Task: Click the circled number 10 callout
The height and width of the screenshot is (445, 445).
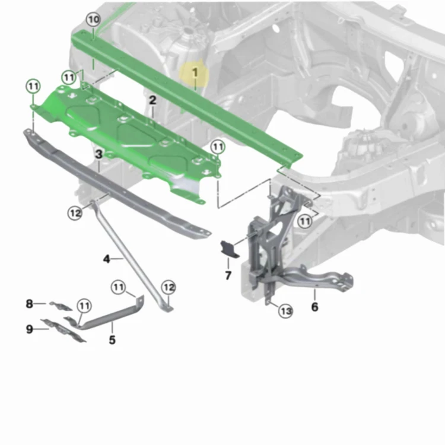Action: click(x=93, y=20)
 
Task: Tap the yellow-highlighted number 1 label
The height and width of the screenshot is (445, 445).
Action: click(x=195, y=72)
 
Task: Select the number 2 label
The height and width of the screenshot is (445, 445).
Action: click(x=152, y=100)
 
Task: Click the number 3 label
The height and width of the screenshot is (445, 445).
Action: click(x=98, y=154)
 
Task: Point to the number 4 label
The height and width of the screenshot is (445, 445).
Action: click(x=106, y=259)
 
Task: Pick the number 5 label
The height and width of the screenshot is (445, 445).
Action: click(x=112, y=340)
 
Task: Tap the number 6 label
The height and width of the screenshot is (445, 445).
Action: click(x=314, y=307)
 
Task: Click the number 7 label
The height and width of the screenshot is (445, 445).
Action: click(x=228, y=275)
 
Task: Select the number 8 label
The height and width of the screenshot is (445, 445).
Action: click(x=29, y=304)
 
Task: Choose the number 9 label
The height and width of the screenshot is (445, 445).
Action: click(x=30, y=329)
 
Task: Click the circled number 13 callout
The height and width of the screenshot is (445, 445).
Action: click(x=286, y=311)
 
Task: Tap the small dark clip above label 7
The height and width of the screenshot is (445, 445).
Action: click(x=229, y=249)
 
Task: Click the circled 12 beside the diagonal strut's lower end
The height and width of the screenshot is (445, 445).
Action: click(x=169, y=287)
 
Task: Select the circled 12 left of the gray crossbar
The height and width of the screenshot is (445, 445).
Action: click(x=75, y=213)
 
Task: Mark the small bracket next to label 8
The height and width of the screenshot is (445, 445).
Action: click(x=61, y=306)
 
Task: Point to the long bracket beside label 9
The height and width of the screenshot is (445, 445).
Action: click(x=63, y=330)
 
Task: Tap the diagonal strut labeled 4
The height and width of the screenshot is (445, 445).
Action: click(x=131, y=255)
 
